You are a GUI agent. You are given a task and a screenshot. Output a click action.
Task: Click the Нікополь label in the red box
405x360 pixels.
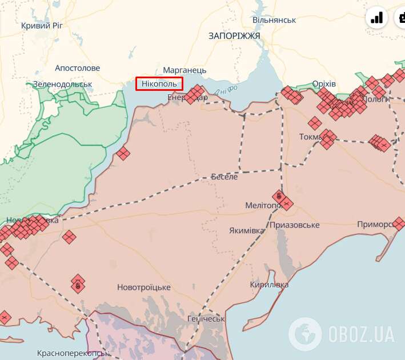point(160,84)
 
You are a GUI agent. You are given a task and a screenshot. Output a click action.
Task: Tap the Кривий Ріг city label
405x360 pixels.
point(45,25)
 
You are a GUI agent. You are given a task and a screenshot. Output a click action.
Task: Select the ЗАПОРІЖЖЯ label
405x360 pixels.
point(234,35)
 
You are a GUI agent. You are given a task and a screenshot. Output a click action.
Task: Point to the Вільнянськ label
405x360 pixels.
point(274,20)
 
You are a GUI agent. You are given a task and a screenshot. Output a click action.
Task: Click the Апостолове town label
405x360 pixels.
point(78,68)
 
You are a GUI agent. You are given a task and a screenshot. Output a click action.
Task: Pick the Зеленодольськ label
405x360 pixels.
point(62,84)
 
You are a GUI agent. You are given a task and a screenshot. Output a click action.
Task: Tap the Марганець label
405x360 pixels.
point(185,70)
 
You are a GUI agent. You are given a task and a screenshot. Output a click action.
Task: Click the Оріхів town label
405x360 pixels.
point(324,84)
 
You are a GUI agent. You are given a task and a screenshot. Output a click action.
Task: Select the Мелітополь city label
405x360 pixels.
point(261,205)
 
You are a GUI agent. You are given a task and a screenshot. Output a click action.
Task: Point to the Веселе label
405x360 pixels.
point(224,177)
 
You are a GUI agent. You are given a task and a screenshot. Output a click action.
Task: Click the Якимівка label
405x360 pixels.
point(247,230)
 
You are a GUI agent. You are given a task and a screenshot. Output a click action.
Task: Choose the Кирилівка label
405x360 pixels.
point(269,285)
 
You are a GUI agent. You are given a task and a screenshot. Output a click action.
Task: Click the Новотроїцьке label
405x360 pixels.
point(143,287)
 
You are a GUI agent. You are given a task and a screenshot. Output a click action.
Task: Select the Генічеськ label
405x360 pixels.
point(206,318)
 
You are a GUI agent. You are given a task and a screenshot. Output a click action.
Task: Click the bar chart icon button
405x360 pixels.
point(376,18)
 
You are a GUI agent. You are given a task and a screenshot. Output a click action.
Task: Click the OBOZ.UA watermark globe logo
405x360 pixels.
point(304,332)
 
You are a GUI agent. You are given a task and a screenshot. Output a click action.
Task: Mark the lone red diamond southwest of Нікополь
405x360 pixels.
point(123,153)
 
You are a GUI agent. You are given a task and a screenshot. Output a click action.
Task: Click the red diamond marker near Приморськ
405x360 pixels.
point(399,223)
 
